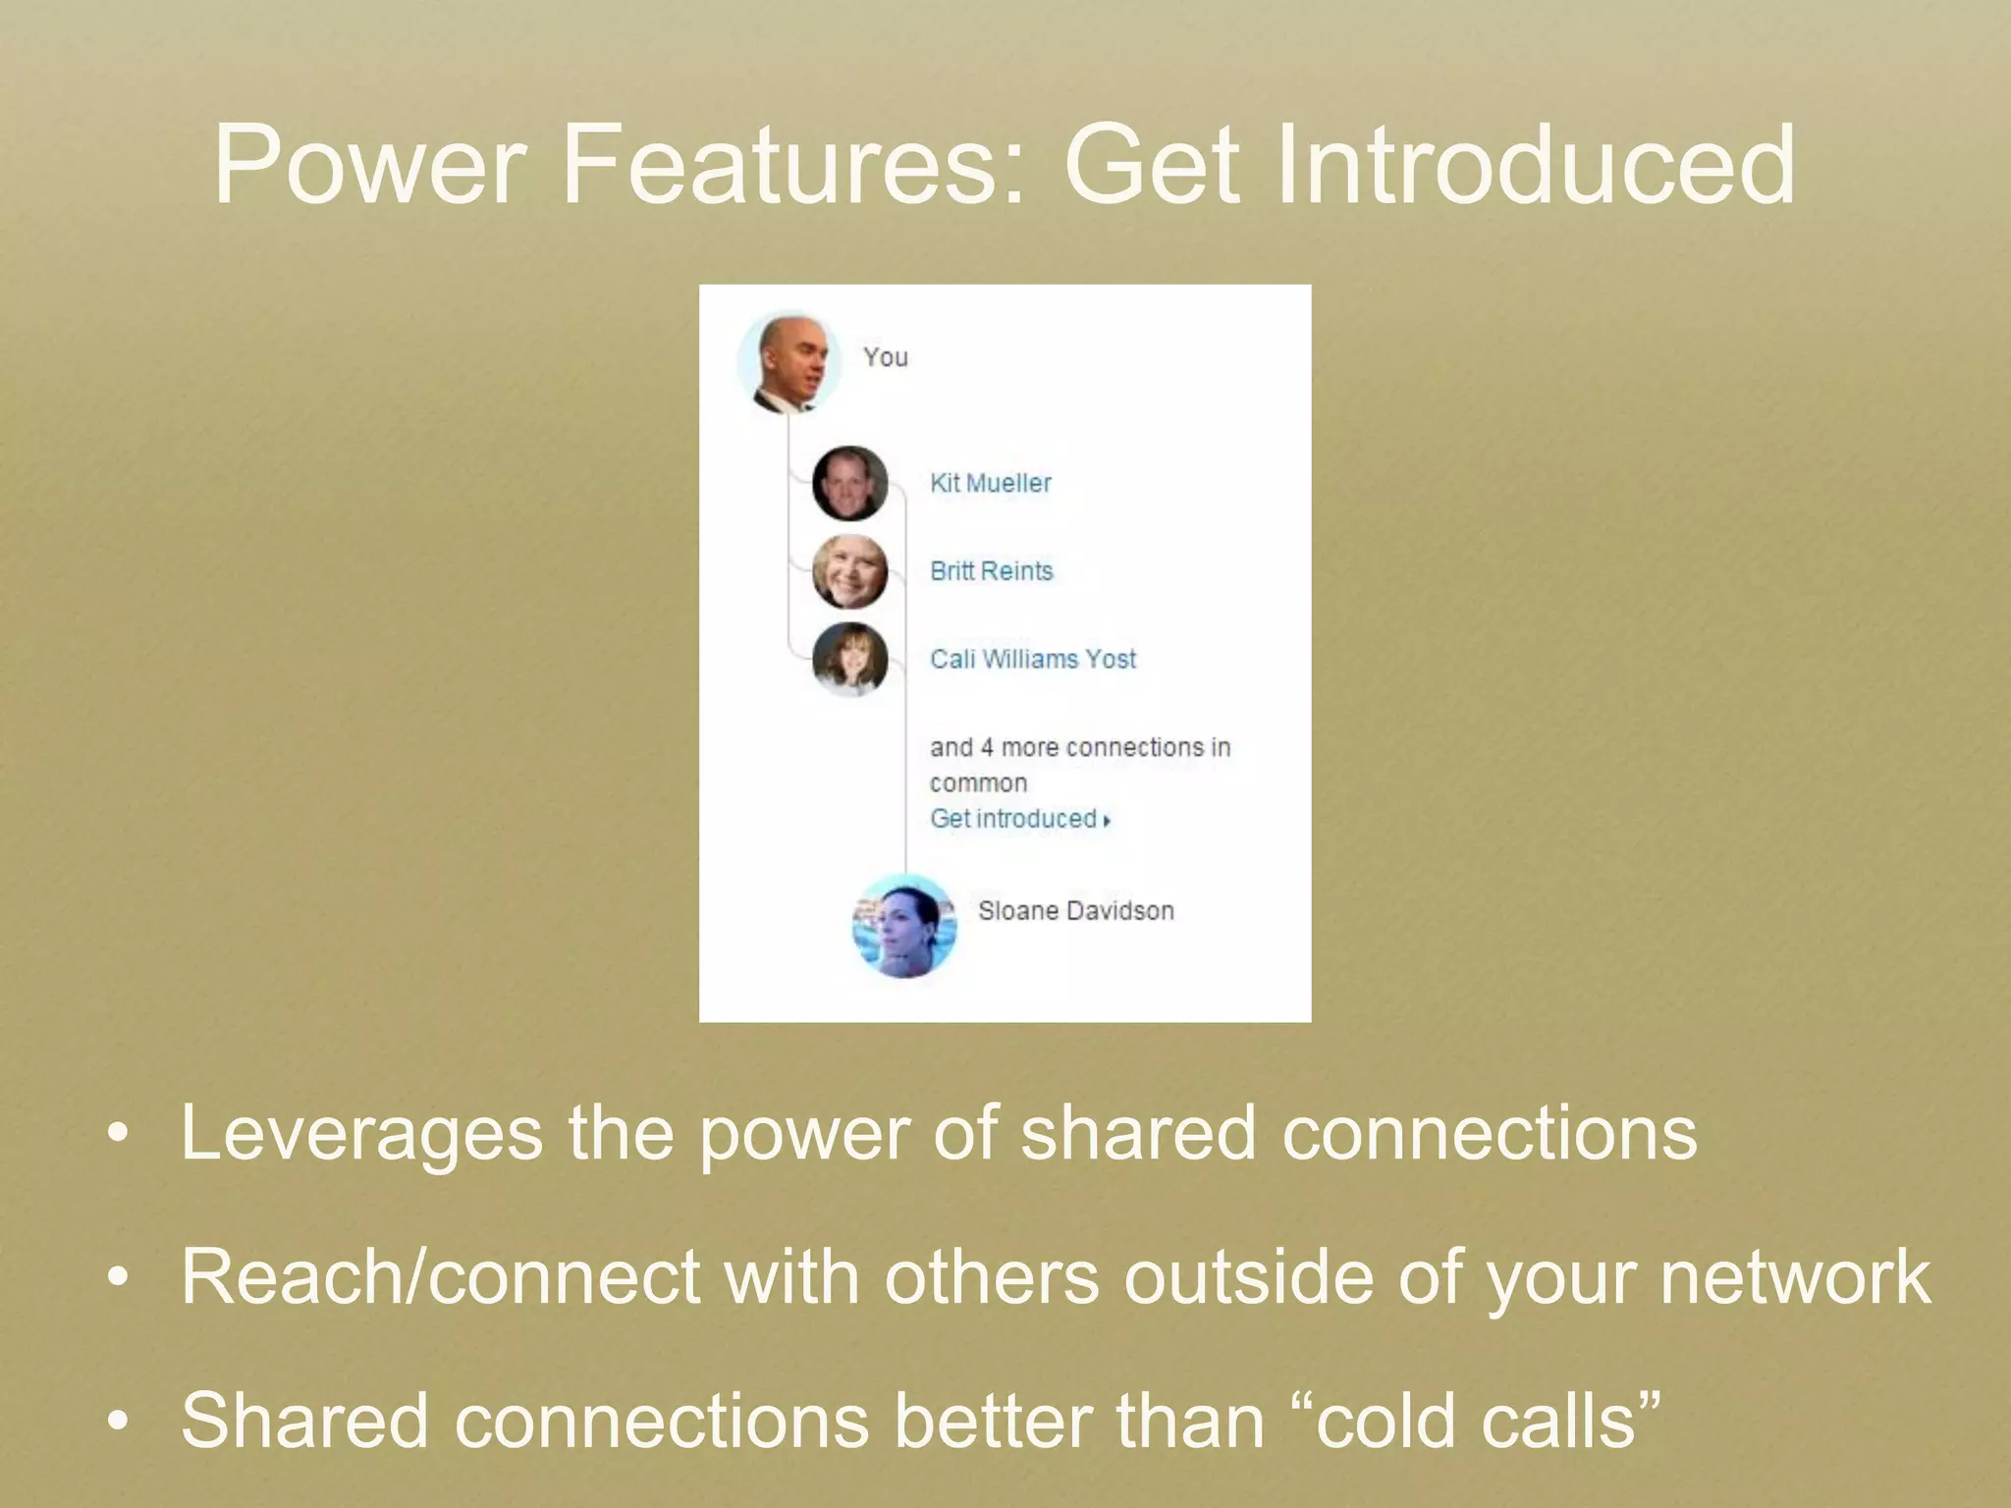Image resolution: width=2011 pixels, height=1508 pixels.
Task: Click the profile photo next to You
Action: click(788, 362)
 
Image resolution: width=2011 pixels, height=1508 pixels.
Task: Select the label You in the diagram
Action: click(885, 357)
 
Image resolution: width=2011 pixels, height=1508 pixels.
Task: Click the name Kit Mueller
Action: click(990, 483)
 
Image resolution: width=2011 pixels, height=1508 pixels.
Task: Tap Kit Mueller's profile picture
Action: click(849, 483)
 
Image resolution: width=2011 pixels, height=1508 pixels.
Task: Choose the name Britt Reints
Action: click(991, 570)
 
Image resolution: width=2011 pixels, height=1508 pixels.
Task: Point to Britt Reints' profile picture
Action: click(849, 571)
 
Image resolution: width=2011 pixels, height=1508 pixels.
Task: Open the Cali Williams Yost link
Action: click(1032, 659)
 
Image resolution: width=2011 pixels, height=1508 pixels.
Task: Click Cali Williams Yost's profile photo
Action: click(849, 659)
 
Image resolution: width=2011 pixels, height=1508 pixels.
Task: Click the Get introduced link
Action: click(1012, 819)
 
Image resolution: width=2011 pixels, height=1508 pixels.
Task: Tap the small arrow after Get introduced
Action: click(1107, 821)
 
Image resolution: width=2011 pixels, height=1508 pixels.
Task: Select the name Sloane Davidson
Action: click(1075, 911)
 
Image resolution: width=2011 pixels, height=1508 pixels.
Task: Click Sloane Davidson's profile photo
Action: click(903, 926)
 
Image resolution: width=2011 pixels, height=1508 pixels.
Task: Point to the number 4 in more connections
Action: click(986, 748)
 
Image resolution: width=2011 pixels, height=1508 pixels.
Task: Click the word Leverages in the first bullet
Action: click(360, 1134)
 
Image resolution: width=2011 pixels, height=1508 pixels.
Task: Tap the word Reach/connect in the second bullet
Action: click(440, 1278)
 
